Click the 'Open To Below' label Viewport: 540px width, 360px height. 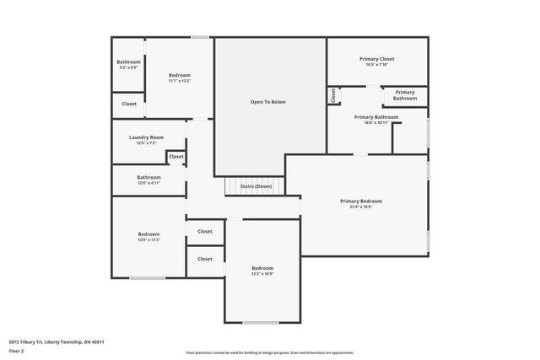coord(268,102)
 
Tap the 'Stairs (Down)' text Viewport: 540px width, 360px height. coord(256,186)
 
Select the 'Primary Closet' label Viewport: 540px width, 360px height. coord(376,59)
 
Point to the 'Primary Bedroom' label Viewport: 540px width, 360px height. coord(361,201)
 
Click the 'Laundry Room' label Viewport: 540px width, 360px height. coord(146,137)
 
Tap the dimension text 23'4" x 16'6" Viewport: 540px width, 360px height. coord(361,207)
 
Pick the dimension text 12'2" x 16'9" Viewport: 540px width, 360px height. coord(262,274)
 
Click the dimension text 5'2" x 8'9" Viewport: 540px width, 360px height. coord(128,67)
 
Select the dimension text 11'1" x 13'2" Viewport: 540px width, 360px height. coord(179,81)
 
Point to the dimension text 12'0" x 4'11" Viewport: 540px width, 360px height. coord(148,183)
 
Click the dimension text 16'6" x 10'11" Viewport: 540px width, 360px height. coord(375,123)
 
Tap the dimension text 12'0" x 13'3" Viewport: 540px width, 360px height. coord(148,240)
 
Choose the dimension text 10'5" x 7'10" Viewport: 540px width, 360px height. coord(376,65)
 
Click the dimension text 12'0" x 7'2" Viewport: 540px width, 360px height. coord(146,143)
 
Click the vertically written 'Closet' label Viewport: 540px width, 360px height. coord(333,95)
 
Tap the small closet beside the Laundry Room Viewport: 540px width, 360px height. coord(175,157)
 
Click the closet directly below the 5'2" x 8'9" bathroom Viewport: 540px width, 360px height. coord(128,104)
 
